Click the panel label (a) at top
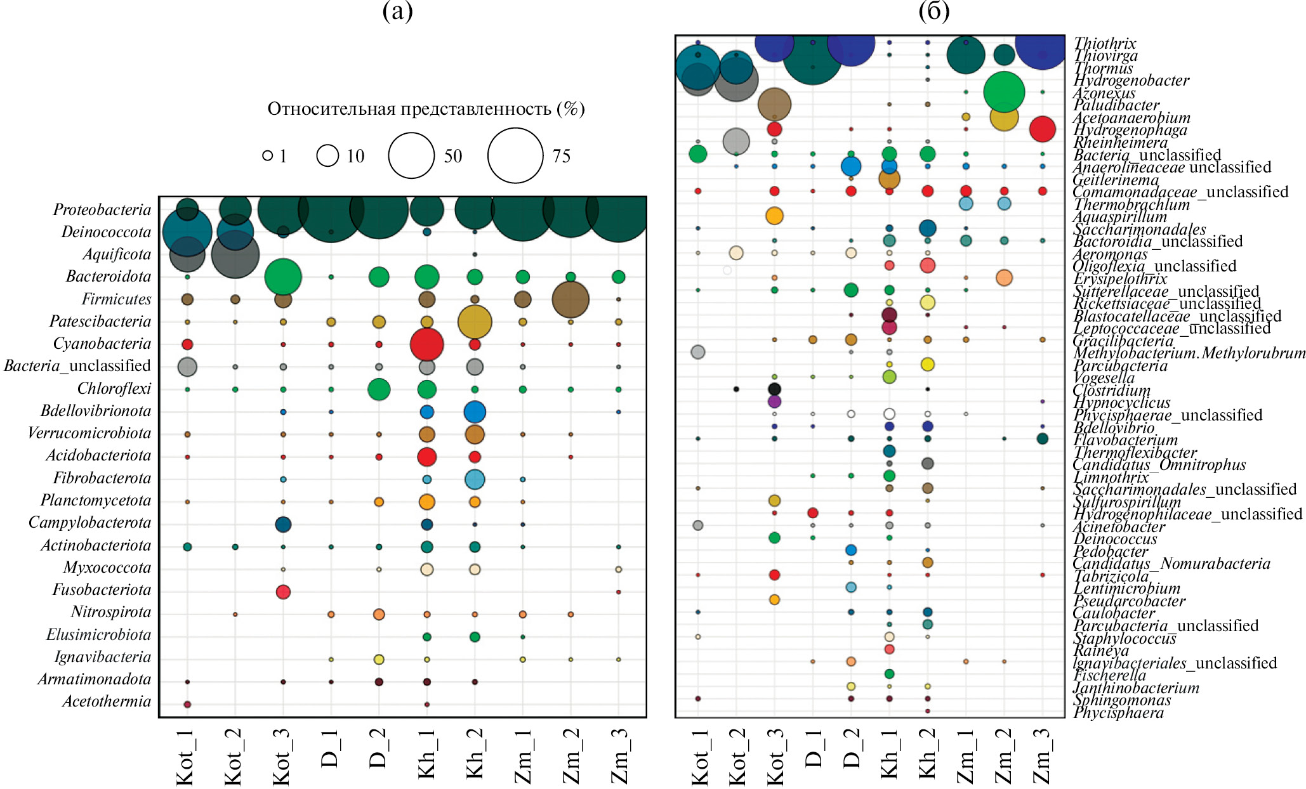tap(398, 11)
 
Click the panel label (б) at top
tap(933, 11)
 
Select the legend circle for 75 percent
tap(515, 155)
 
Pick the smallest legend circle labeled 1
tap(268, 155)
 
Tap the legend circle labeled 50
tap(411, 155)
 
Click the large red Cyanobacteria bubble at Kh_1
tap(427, 344)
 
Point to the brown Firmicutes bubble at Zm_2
tap(571, 299)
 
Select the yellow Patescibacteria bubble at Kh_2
tap(475, 322)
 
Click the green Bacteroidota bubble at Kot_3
tap(283, 277)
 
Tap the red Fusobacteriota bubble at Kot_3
tap(283, 592)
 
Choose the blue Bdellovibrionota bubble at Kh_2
tap(475, 412)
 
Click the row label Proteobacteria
tap(102, 210)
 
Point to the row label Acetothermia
tap(107, 701)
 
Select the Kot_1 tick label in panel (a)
tap(185, 758)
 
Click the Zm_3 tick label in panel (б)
tap(1042, 758)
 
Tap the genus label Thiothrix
tap(1105, 43)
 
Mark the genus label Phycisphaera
tap(1118, 713)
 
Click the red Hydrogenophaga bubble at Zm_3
tap(1042, 129)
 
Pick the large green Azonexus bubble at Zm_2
tap(1004, 92)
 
